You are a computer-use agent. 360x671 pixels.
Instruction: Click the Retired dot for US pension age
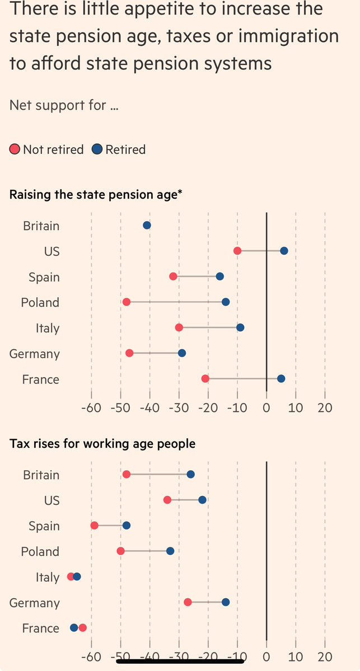(x=284, y=250)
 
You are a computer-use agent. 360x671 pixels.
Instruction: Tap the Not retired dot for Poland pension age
(x=127, y=302)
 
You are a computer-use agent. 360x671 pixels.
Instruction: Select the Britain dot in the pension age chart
(x=147, y=225)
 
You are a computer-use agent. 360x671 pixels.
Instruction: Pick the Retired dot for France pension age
(x=281, y=379)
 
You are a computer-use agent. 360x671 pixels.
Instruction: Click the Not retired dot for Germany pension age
(x=129, y=353)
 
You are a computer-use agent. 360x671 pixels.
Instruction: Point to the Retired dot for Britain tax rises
(x=191, y=474)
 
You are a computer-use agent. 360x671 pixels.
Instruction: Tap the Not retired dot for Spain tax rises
(x=95, y=525)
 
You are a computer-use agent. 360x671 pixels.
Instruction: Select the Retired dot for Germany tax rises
(x=226, y=602)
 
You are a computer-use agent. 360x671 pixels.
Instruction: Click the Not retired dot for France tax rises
(x=83, y=627)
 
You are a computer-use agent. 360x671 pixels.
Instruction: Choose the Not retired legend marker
(x=15, y=149)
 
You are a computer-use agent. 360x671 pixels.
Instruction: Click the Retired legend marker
(x=97, y=149)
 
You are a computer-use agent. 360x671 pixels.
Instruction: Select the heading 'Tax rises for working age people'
(x=102, y=444)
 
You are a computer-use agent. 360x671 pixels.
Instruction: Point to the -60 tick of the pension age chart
(x=91, y=407)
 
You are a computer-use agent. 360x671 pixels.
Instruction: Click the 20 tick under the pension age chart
(x=324, y=407)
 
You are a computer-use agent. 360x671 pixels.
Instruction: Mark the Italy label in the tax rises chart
(x=47, y=577)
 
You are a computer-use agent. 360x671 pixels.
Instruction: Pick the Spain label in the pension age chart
(x=44, y=276)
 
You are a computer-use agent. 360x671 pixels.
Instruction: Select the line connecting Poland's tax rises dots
(x=146, y=551)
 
